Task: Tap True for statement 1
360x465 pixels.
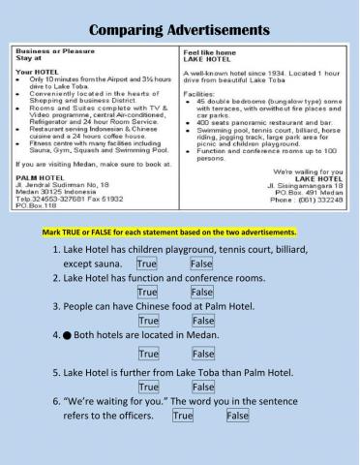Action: [x=147, y=263]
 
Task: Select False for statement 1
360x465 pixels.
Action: [x=201, y=263]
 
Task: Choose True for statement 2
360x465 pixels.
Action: [x=148, y=291]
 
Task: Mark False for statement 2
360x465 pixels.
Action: [x=202, y=291]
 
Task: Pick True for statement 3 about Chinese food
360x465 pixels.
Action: [x=148, y=320]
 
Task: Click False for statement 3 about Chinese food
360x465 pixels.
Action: [x=202, y=320]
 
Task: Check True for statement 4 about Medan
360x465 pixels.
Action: [x=148, y=354]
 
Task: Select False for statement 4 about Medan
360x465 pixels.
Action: [x=202, y=354]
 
